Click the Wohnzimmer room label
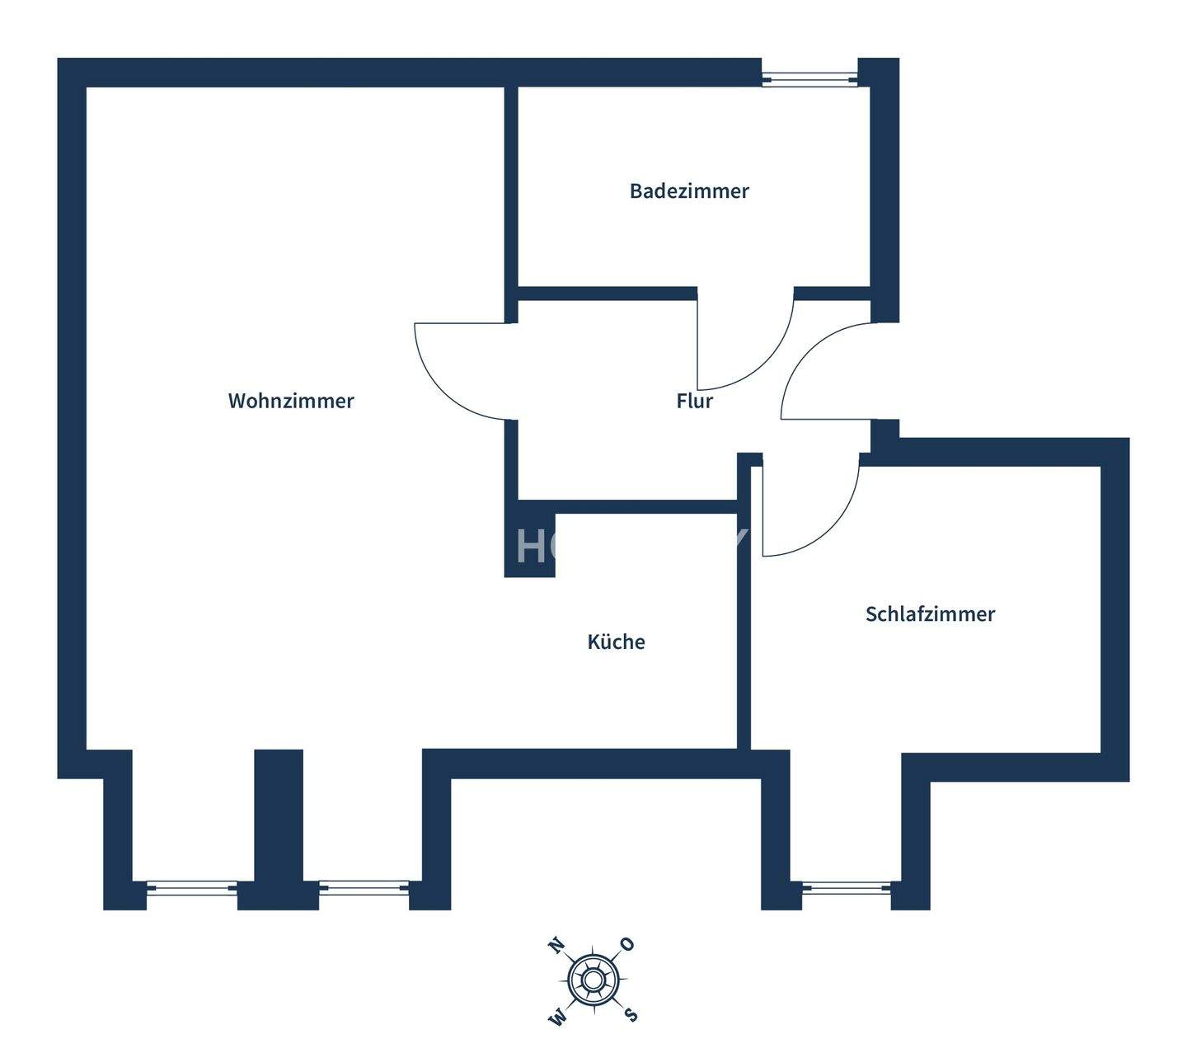pos(291,401)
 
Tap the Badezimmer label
pos(689,191)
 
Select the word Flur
pos(694,402)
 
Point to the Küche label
pos(616,642)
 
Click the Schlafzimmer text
pos(930,614)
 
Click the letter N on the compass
pos(558,945)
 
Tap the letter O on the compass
pos(627,944)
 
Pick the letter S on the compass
pos(631,1013)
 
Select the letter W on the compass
pos(558,1017)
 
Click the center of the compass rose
pos(593,980)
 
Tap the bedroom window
pos(847,888)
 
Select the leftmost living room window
pos(191,887)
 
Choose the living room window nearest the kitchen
pos(364,887)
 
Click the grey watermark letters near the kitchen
pos(536,545)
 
